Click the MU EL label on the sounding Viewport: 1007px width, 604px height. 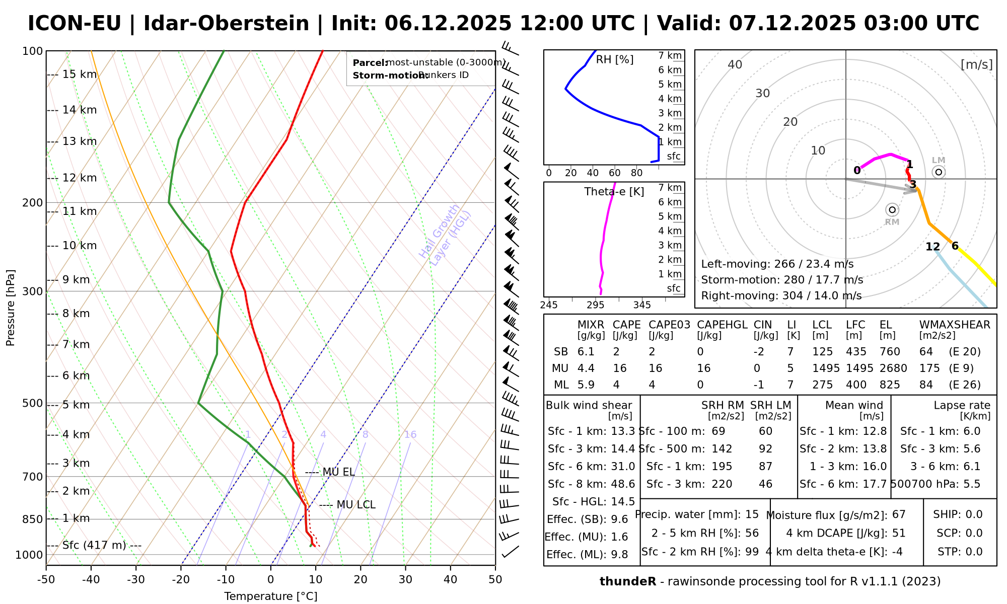(338, 472)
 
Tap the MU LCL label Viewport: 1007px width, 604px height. (355, 505)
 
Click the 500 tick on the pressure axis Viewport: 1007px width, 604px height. (33, 403)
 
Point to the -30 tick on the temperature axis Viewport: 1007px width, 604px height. (136, 579)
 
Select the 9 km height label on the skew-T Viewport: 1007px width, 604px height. (76, 280)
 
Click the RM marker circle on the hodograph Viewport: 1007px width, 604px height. (892, 210)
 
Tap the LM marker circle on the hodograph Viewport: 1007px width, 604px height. (939, 172)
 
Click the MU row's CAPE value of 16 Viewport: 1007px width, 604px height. (620, 368)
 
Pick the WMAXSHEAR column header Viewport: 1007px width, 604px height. (955, 325)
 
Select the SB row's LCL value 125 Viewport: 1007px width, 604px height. (823, 352)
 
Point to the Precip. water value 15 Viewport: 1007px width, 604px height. (752, 514)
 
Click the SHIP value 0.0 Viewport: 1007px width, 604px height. (974, 514)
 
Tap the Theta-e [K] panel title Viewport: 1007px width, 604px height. (614, 192)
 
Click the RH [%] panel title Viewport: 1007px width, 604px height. (615, 60)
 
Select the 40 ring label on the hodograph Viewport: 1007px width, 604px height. (735, 64)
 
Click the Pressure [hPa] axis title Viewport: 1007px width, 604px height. (11, 308)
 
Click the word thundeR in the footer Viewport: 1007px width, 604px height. (628, 582)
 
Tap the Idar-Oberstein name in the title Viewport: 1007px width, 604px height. (226, 24)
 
